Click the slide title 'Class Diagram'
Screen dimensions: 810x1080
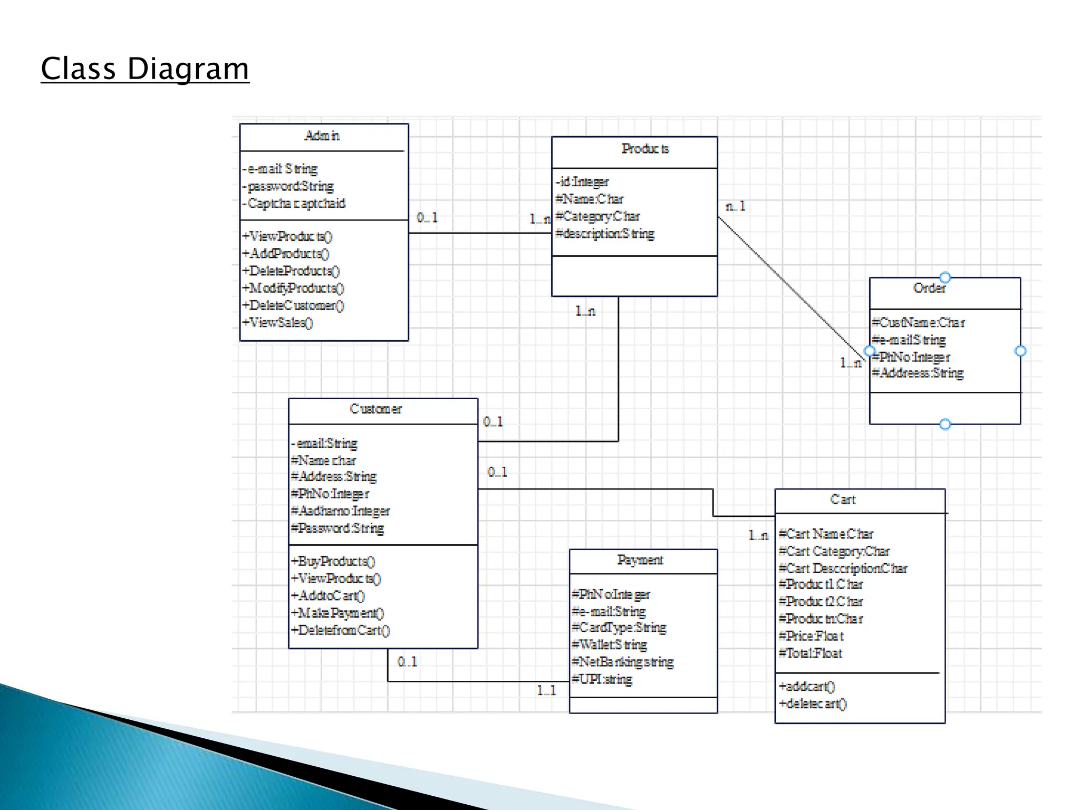144,69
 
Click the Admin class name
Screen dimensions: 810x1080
322,136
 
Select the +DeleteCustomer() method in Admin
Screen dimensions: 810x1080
293,305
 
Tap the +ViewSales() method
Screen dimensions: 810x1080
278,322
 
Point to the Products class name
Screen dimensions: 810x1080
645,149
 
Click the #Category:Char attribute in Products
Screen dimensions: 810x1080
597,216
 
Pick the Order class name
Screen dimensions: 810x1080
929,288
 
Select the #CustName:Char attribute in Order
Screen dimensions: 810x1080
918,323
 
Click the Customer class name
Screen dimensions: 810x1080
375,409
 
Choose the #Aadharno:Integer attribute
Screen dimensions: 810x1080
340,511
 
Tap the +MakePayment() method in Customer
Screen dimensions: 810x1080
337,613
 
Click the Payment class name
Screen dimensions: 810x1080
640,560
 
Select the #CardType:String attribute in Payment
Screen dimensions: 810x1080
619,628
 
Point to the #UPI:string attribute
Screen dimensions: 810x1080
602,679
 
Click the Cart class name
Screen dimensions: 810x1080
843,499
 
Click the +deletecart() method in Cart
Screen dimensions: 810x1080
813,704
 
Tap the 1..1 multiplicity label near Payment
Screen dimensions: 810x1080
546,690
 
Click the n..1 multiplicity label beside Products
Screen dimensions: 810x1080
735,206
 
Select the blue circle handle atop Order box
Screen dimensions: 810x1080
945,277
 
